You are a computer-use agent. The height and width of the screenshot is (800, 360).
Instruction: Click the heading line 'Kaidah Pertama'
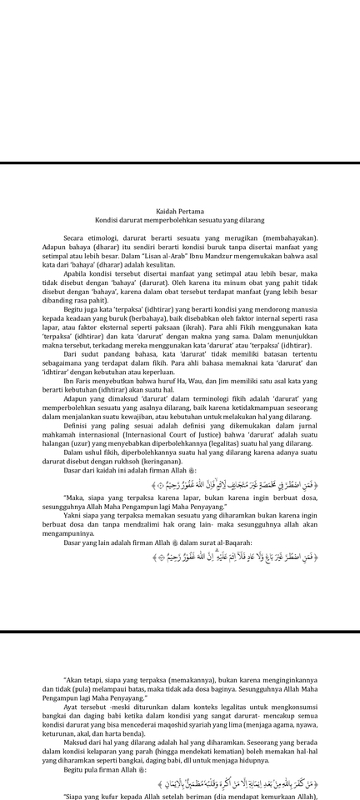[180, 212]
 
